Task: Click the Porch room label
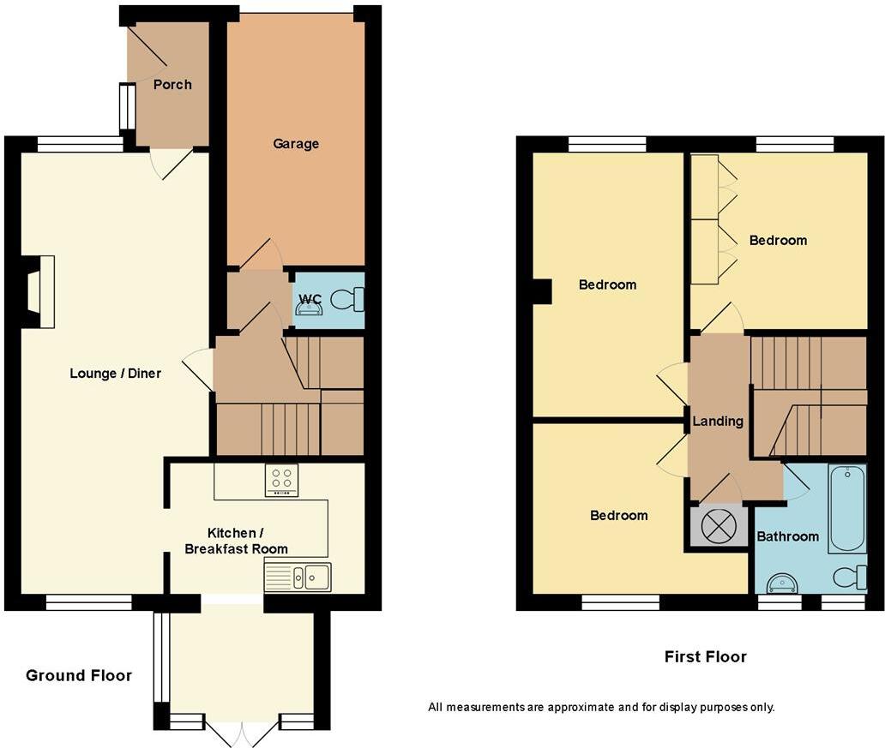172,85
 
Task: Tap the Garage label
296,144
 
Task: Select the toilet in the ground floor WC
349,300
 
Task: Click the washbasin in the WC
309,308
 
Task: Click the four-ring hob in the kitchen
281,479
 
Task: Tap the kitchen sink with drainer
298,577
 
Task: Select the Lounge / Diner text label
115,374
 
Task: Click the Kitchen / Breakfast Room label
237,542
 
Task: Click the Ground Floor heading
79,676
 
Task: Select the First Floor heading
705,657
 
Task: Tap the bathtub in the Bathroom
847,508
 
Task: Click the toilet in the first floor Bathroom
850,577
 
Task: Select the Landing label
718,422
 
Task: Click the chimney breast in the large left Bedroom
541,292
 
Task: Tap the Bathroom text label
787,536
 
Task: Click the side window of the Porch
127,106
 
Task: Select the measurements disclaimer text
601,708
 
